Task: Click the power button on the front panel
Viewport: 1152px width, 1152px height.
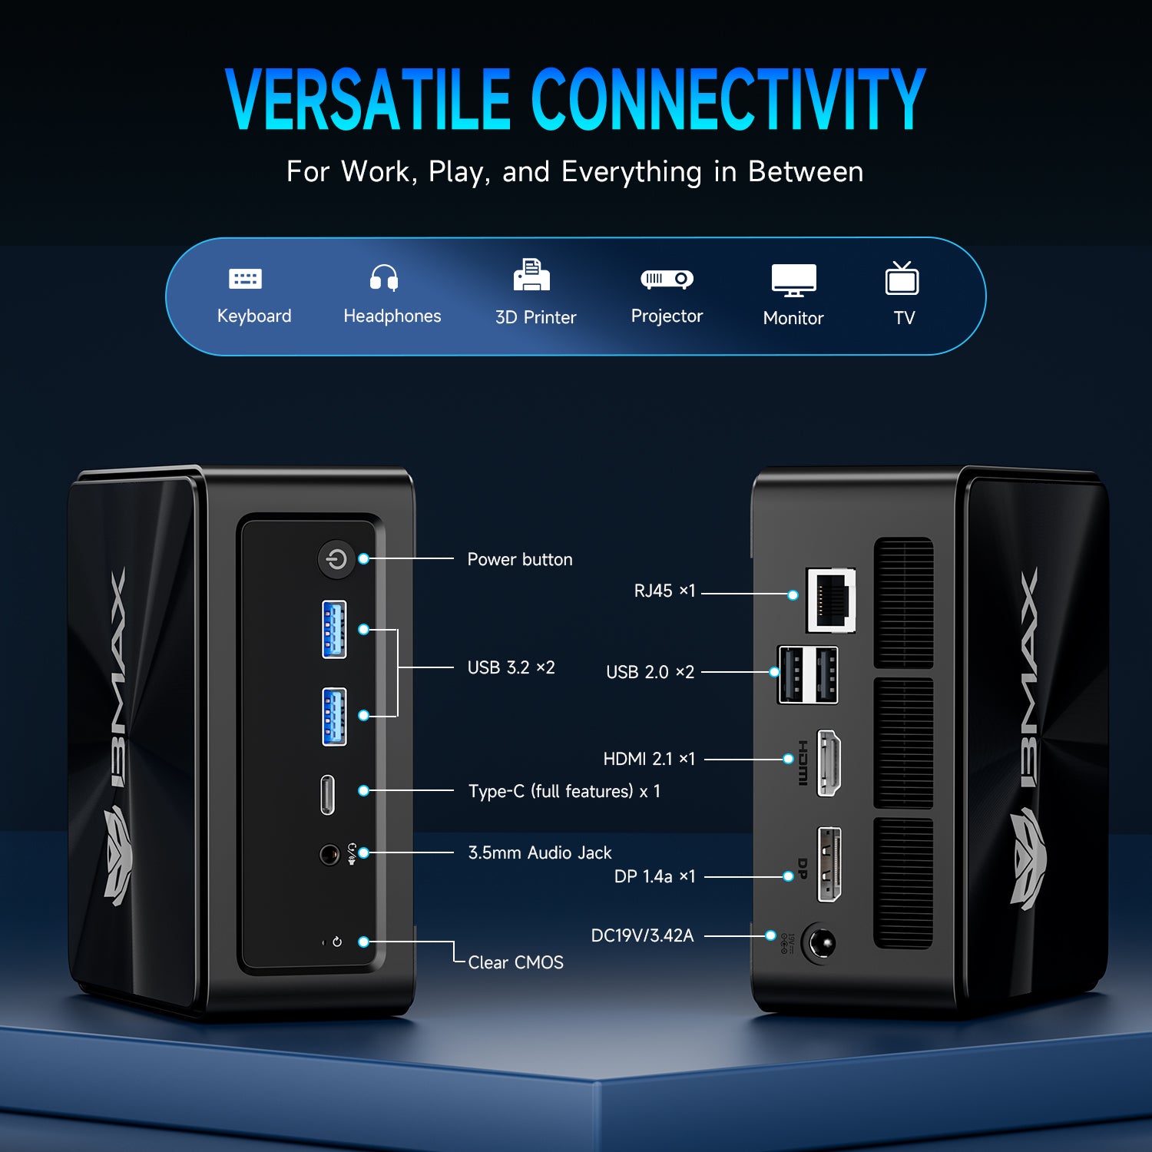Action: tap(336, 560)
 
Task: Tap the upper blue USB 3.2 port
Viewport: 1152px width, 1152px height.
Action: tap(334, 629)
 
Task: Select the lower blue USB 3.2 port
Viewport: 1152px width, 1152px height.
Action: tap(334, 717)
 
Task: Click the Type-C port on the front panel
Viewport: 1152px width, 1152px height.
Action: tap(328, 794)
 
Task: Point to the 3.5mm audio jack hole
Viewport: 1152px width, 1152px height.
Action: tap(329, 854)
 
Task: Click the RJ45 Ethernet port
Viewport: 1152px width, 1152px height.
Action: tap(831, 600)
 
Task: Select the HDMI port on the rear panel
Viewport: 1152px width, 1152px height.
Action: tap(829, 763)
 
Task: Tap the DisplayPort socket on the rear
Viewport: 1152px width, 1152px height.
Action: tap(829, 865)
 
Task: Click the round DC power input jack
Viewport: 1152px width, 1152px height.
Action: tap(819, 943)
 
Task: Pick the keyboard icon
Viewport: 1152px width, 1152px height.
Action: tap(246, 279)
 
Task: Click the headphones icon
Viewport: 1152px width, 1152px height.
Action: tap(384, 277)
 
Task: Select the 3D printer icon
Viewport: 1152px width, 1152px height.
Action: tap(531, 276)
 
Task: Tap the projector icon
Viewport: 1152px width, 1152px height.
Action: tap(667, 279)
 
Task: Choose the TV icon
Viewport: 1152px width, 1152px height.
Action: tap(902, 279)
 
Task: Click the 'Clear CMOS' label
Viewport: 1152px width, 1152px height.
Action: tap(515, 962)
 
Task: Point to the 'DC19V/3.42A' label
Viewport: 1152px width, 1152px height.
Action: tap(642, 935)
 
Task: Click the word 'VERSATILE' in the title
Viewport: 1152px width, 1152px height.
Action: tap(368, 100)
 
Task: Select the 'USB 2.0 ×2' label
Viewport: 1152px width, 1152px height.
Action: tap(650, 673)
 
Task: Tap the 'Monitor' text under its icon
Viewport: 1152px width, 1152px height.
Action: tap(793, 318)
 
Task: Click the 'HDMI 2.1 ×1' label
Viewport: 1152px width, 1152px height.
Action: tap(649, 760)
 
